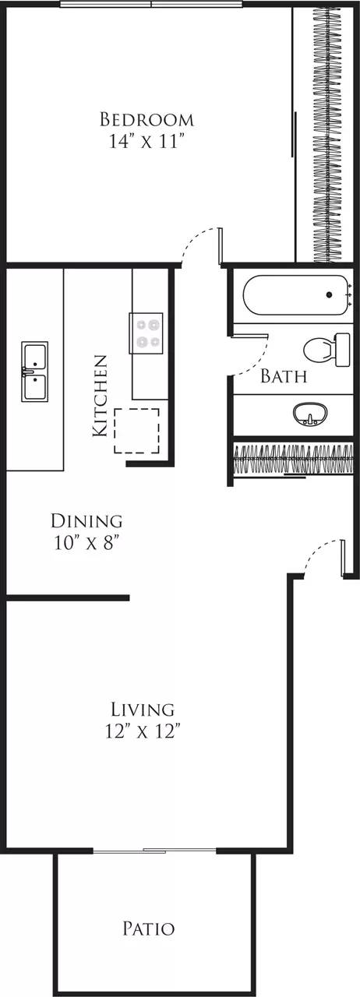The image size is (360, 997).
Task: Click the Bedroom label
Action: tap(146, 119)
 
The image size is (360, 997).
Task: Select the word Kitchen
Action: tap(100, 395)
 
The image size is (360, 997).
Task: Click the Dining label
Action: tap(86, 520)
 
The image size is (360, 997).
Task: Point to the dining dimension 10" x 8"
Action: tap(86, 542)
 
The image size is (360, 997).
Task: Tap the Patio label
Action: tap(148, 928)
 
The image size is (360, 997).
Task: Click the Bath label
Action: tap(283, 377)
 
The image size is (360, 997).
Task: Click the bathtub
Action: tap(295, 295)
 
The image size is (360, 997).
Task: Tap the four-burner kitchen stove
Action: tap(147, 333)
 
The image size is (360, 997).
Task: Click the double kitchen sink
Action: tap(34, 371)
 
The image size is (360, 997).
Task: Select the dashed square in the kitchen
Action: tap(137, 431)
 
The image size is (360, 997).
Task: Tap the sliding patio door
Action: tap(154, 851)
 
